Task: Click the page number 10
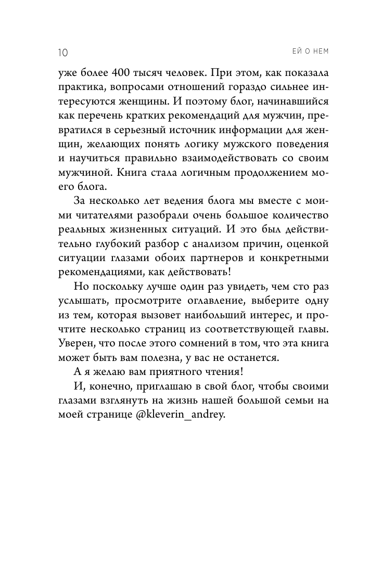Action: click(60, 52)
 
